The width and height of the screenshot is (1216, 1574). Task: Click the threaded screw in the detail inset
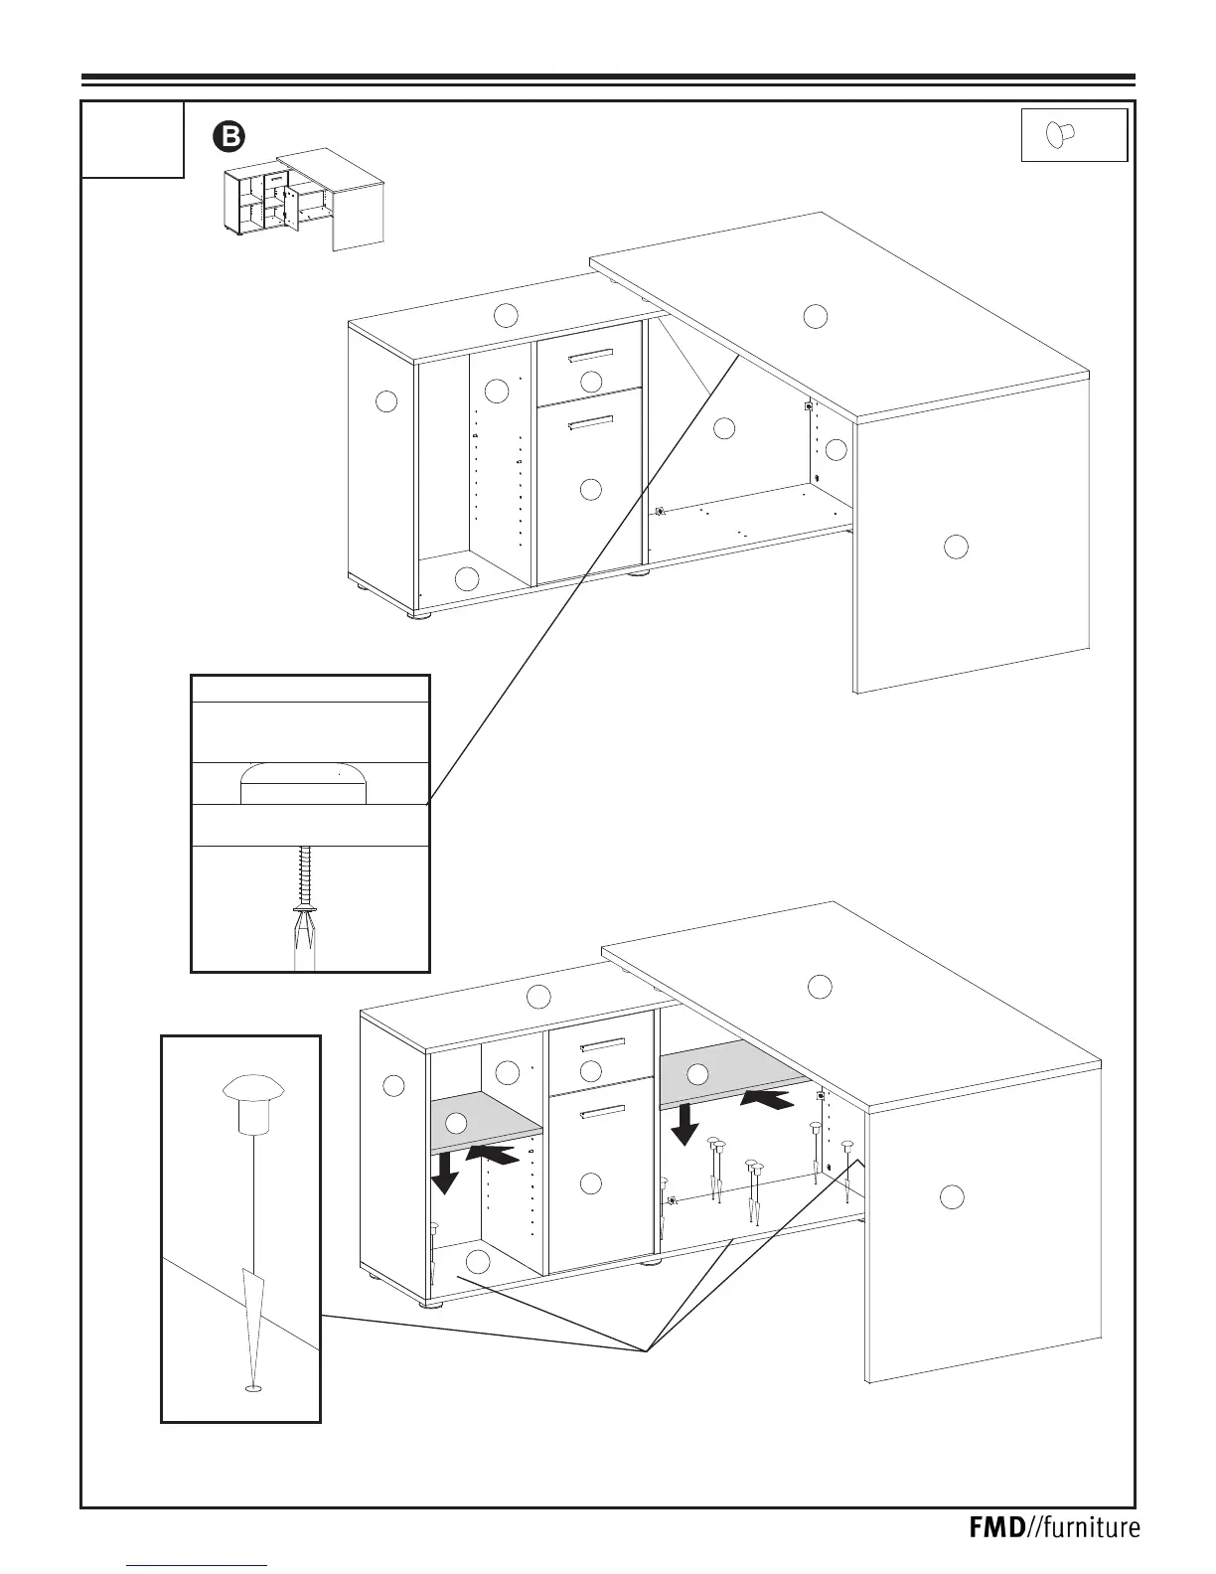pos(306,874)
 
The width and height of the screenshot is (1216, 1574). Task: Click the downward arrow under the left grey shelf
pos(444,1177)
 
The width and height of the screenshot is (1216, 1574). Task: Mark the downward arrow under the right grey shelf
pos(684,1127)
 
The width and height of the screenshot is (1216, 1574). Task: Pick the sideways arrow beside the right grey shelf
pos(768,1099)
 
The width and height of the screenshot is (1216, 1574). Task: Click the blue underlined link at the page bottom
pos(199,1564)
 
